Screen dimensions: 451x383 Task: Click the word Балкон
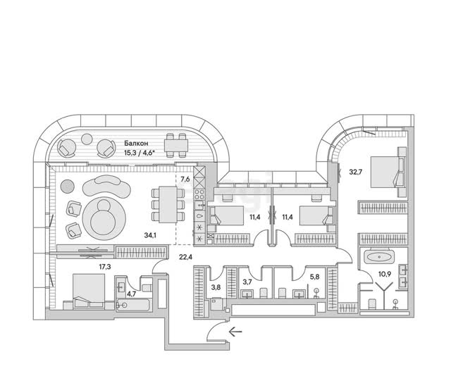tap(136, 143)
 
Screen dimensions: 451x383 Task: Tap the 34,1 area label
tap(150, 236)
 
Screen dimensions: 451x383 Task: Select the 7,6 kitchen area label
tap(185, 180)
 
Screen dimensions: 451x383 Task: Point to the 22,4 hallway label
tap(185, 257)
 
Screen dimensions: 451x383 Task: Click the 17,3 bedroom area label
tap(105, 267)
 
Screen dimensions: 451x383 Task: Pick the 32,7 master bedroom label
tap(355, 172)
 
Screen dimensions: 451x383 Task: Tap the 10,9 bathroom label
tap(385, 274)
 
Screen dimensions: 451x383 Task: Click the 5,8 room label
tap(315, 277)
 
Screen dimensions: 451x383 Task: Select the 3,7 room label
tap(247, 282)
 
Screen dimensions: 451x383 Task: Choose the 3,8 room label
tap(216, 287)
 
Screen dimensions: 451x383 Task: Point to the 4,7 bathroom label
tap(132, 294)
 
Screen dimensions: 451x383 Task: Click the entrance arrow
tap(235, 332)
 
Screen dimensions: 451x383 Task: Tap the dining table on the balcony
tap(176, 145)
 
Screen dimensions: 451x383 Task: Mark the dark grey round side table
tap(68, 186)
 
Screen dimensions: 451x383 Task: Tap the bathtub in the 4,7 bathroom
tap(133, 305)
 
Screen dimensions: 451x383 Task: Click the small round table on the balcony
tap(87, 139)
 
